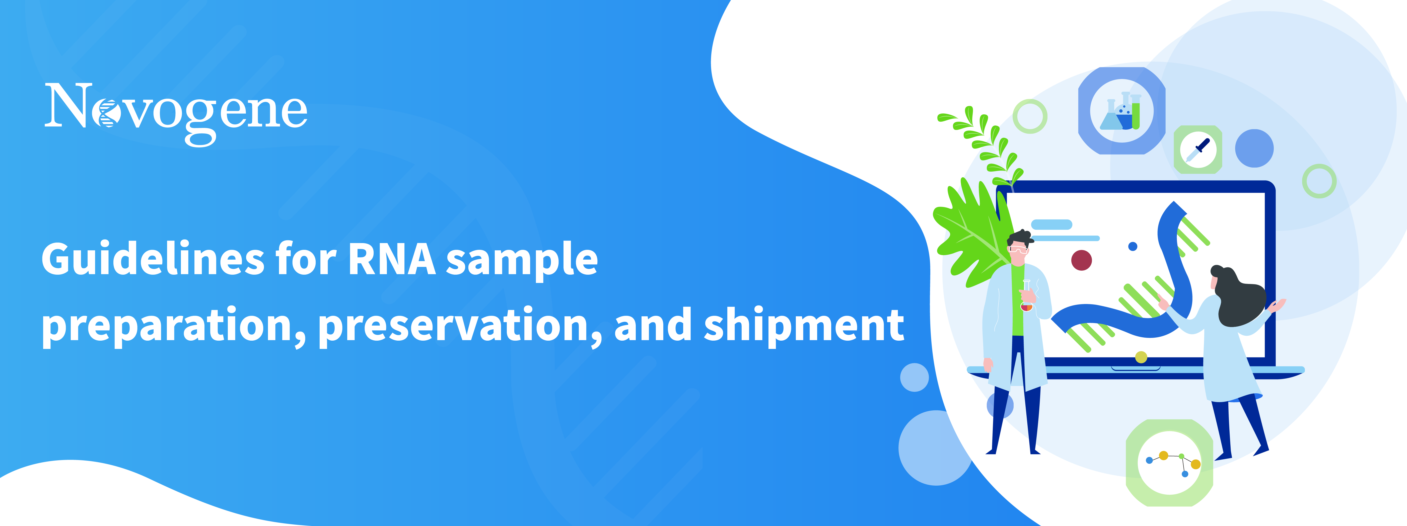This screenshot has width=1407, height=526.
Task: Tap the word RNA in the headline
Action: pos(392,259)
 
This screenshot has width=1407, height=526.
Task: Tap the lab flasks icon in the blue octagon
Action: pos(1122,111)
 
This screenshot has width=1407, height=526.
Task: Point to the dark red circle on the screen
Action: pos(1081,260)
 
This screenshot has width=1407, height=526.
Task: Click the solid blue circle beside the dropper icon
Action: pos(1255,148)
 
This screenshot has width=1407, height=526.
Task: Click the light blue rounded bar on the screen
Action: pos(1051,224)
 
